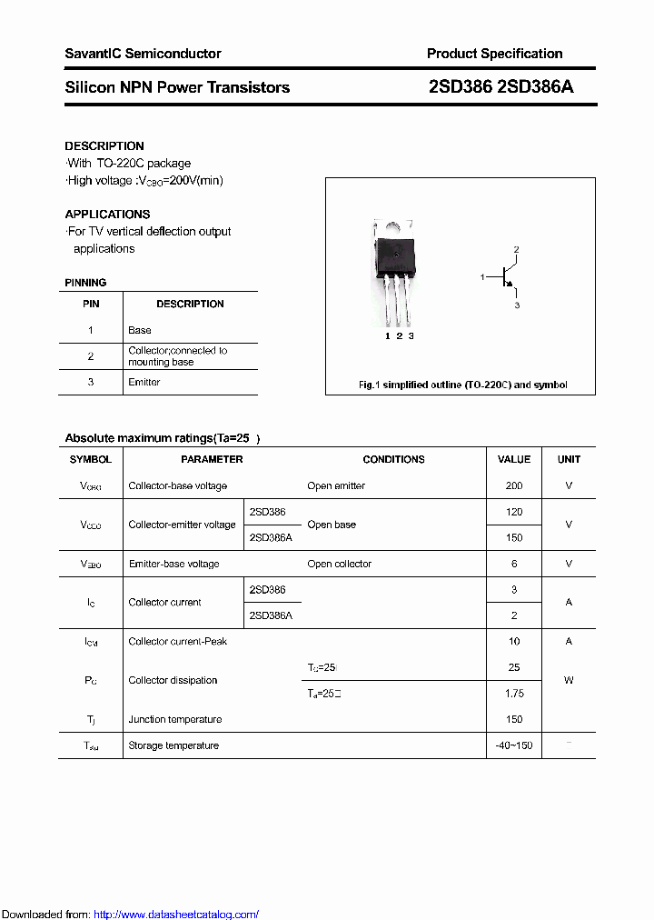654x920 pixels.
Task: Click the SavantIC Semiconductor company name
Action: (x=143, y=54)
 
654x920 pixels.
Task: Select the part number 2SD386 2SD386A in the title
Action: (x=500, y=87)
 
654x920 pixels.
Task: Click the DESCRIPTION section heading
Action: (x=104, y=145)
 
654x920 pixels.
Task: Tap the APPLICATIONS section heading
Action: (x=107, y=215)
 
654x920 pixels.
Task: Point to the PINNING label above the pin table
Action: (x=85, y=283)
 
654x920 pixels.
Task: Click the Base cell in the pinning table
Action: (x=140, y=330)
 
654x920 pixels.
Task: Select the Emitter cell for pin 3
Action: (x=144, y=382)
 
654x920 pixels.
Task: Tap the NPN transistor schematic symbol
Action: (x=506, y=276)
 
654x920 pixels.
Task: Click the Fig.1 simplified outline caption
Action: (x=462, y=385)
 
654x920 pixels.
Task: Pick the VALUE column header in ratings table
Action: (x=514, y=459)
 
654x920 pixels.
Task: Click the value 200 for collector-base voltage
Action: (x=514, y=485)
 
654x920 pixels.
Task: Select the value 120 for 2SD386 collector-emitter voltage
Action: (x=514, y=512)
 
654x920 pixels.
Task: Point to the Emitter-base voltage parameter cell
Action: (x=173, y=564)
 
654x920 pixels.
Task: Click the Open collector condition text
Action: (x=339, y=564)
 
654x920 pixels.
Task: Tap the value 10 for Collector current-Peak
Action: (x=514, y=641)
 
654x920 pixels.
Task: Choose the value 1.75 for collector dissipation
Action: (x=514, y=694)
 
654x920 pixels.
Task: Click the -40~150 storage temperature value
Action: (x=514, y=745)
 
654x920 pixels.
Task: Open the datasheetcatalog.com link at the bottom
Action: (x=176, y=915)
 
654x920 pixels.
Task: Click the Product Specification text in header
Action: (x=494, y=54)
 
